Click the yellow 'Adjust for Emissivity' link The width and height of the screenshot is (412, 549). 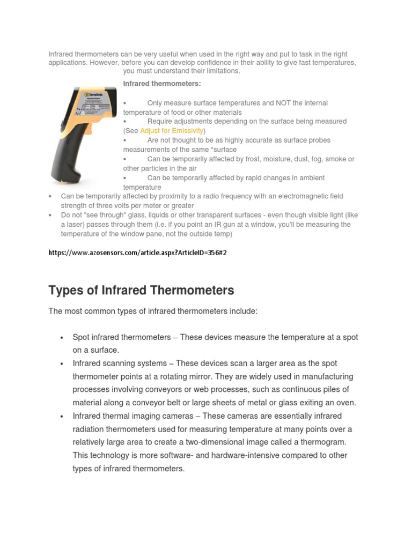[172, 131]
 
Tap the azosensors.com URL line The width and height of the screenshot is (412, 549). [138, 253]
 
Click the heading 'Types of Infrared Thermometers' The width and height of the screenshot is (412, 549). [141, 291]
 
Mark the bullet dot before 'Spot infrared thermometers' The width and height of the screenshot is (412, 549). [62, 337]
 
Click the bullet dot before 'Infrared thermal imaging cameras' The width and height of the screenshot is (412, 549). [62, 416]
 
